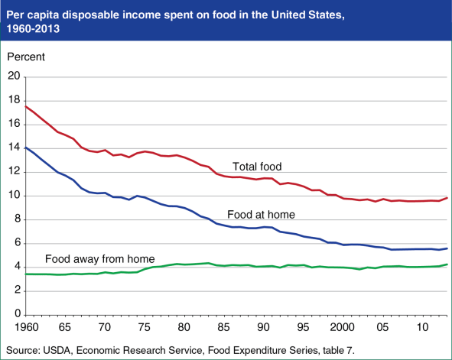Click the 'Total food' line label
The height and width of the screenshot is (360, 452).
click(259, 166)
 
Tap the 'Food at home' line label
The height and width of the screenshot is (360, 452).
click(261, 214)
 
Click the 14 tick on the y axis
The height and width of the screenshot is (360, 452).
click(13, 148)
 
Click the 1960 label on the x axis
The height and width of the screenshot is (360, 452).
click(27, 328)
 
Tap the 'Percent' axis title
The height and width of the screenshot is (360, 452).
click(26, 57)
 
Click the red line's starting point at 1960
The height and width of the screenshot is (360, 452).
click(26, 106)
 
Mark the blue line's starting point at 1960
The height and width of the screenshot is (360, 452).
click(26, 147)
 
